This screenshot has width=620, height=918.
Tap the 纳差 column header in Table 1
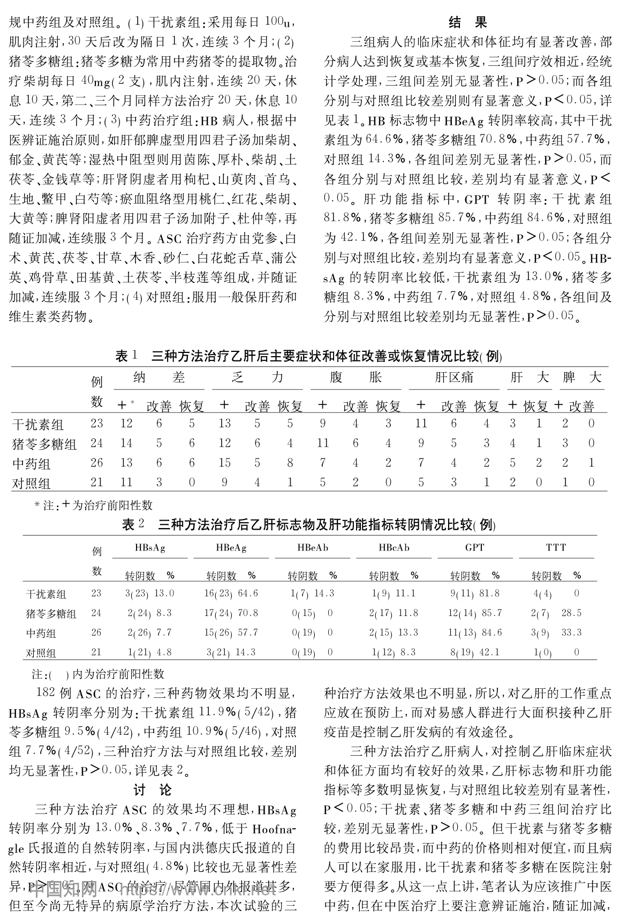(x=159, y=378)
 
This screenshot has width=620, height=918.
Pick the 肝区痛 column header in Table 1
(x=454, y=378)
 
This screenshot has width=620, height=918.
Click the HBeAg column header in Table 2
(x=231, y=547)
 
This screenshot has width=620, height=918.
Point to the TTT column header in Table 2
(x=556, y=547)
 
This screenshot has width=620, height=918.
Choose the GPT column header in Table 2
(x=475, y=547)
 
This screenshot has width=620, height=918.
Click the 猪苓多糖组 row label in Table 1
(x=44, y=444)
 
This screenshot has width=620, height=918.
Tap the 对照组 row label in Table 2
(x=41, y=653)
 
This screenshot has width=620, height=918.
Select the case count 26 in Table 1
(x=96, y=463)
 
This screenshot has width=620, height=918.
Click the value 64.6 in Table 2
(x=248, y=593)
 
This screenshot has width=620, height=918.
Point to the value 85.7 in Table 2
(x=492, y=613)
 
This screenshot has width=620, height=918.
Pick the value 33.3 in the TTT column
(x=571, y=633)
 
